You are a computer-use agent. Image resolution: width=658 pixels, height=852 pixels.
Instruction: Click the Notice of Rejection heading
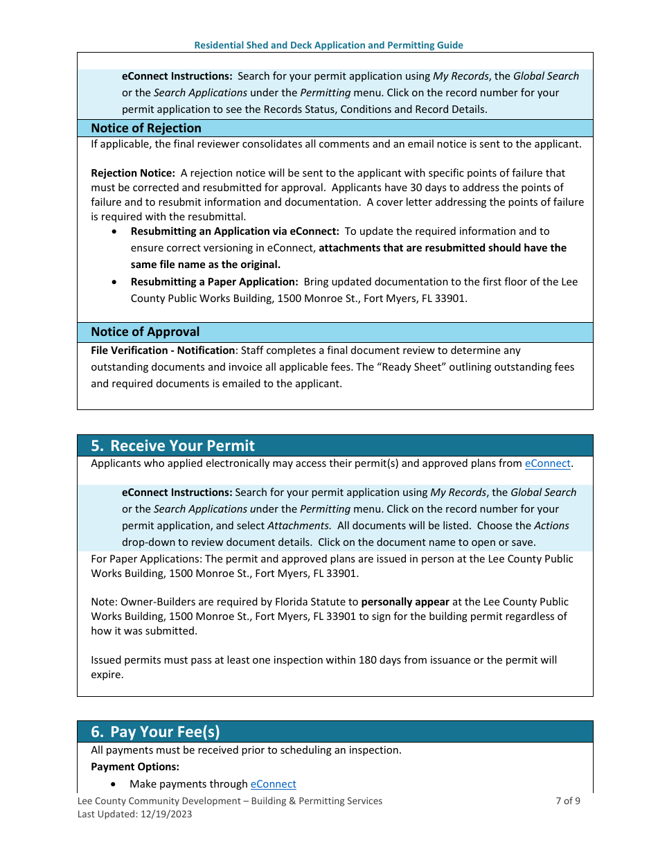coord(145,128)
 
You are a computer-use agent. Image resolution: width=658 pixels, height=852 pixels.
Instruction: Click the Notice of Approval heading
coord(145,332)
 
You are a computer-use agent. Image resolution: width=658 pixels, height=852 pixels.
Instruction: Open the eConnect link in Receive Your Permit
coord(547,463)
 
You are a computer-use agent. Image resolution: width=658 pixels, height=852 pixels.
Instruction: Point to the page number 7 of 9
coord(567,801)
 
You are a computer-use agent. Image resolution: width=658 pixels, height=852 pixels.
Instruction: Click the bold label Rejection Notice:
coord(133,173)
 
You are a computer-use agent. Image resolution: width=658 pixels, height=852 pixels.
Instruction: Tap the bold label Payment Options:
coord(135,767)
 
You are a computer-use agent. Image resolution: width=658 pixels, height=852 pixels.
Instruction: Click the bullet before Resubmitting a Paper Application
coord(114,283)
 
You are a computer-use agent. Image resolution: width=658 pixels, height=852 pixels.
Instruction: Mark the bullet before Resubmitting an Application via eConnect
coord(114,232)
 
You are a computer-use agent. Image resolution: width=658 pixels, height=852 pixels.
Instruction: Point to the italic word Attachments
coord(299,526)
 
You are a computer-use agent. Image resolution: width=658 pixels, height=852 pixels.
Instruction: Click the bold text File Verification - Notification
coord(163,350)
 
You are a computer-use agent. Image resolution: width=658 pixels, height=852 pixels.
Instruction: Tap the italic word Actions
coord(551,526)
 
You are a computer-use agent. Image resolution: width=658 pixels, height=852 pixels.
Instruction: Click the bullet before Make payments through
coord(114,784)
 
